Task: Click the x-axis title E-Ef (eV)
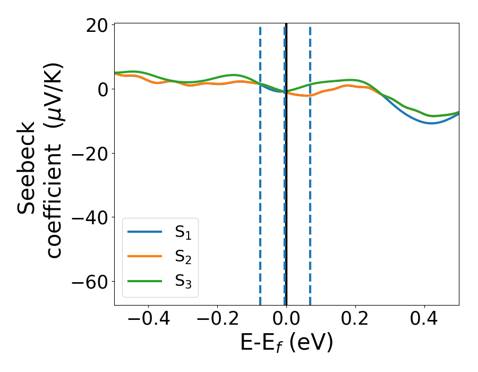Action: click(286, 343)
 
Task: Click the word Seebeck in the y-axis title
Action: click(28, 167)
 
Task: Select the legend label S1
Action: click(183, 232)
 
